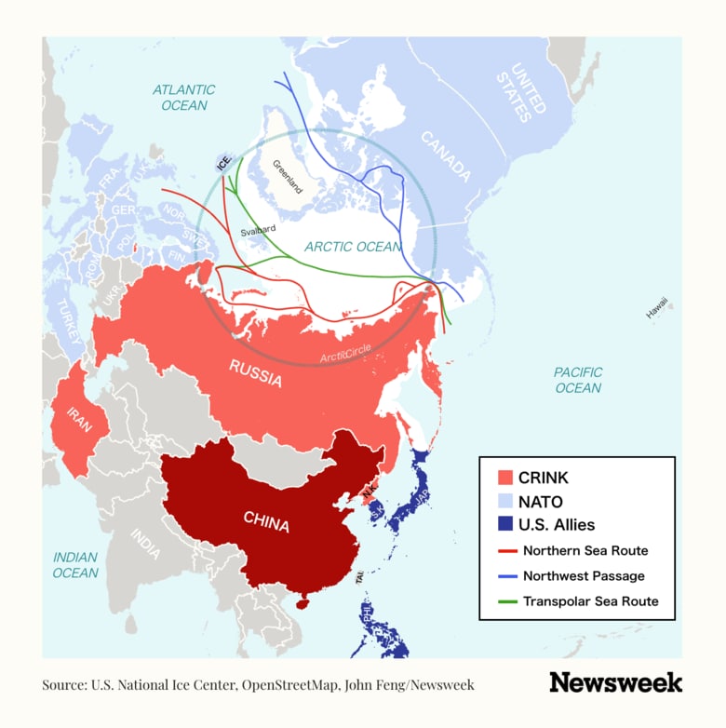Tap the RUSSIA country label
coord(256,371)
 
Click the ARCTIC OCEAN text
coord(353,247)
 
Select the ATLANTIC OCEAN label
coord(183,98)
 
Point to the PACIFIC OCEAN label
coord(578,380)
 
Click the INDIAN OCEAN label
coord(75,565)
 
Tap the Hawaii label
coord(657,308)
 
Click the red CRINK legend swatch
coord(506,478)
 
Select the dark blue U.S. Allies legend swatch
coord(506,525)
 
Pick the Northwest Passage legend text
coord(584,576)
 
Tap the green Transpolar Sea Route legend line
coord(506,601)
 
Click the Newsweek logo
coord(615,682)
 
